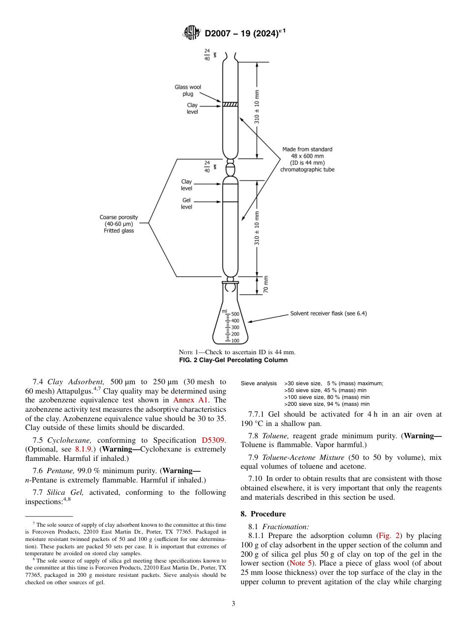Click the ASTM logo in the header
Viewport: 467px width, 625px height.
point(192,33)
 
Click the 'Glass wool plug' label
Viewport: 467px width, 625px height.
point(188,90)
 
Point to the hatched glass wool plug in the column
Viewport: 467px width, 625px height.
point(230,104)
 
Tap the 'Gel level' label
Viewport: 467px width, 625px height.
point(186,204)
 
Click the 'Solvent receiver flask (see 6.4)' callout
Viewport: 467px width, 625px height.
point(328,313)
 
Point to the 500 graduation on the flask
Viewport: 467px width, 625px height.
point(235,314)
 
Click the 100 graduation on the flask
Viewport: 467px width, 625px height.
point(235,341)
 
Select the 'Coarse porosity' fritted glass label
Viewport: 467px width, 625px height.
point(119,224)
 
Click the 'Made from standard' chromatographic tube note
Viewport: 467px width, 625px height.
point(307,159)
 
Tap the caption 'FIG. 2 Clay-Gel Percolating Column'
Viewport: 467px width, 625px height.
point(233,360)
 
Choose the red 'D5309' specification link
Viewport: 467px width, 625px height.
point(214,440)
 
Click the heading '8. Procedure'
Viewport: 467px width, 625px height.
point(263,514)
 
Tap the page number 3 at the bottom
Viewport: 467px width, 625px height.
point(233,603)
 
